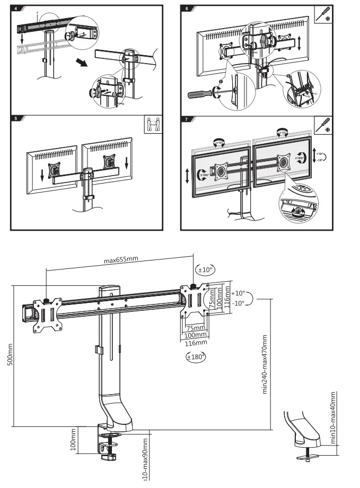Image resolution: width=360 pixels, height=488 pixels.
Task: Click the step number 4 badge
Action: click(x=15, y=8)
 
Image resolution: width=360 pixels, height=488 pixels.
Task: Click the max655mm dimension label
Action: click(x=121, y=260)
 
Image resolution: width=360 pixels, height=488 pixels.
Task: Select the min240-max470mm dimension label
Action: click(x=264, y=363)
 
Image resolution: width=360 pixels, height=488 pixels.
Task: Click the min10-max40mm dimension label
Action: click(x=333, y=417)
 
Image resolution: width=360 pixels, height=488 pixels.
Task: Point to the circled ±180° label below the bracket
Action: click(x=196, y=357)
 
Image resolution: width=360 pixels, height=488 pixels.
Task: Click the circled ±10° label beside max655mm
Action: click(x=205, y=269)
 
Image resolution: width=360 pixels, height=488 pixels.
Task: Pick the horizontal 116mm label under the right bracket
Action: click(x=195, y=343)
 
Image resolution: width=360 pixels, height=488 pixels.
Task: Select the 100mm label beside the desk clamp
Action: click(x=73, y=440)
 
